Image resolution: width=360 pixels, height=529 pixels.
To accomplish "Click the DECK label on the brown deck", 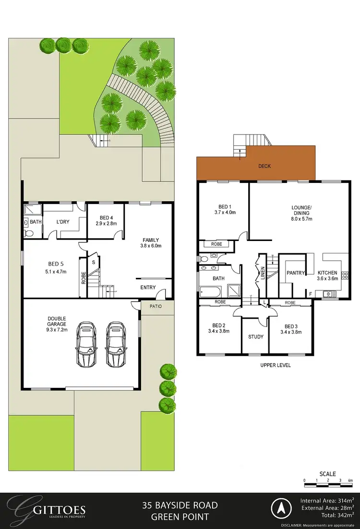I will [x=264, y=166].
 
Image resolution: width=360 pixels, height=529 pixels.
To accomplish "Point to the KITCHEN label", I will [x=327, y=272].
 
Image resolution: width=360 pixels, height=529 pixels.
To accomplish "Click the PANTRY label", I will [x=296, y=273].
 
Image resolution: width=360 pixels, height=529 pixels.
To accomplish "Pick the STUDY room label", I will [x=256, y=337].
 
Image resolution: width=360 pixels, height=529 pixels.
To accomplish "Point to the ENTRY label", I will [x=148, y=288].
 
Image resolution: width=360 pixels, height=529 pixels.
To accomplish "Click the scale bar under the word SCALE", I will [x=328, y=480].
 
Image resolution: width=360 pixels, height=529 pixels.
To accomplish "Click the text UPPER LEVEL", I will [x=276, y=365].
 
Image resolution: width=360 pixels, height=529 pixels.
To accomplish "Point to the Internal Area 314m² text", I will [x=327, y=500].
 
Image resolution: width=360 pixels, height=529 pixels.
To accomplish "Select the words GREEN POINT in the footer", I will [x=180, y=517].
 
